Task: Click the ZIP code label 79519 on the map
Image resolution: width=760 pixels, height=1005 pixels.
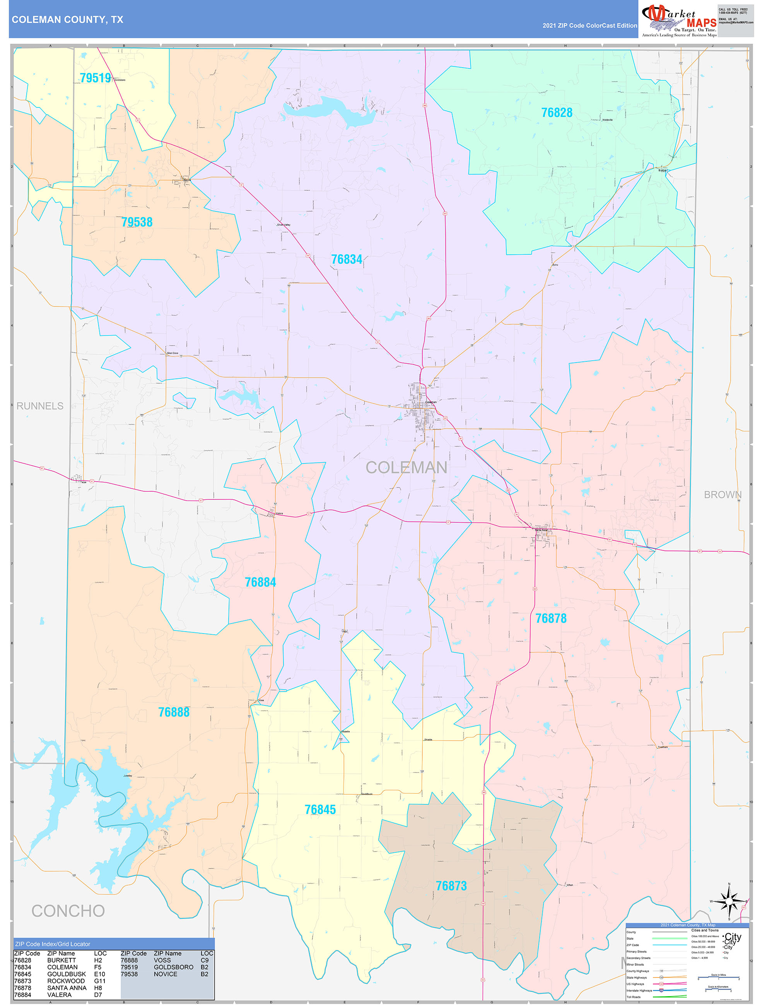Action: (96, 78)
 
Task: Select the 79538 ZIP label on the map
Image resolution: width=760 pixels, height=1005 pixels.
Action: (137, 222)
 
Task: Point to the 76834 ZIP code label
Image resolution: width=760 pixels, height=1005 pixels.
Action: (347, 259)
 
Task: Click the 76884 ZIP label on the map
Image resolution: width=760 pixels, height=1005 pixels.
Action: (260, 582)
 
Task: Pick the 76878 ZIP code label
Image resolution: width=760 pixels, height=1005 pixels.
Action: (550, 618)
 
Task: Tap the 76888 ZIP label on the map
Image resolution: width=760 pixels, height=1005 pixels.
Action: (174, 712)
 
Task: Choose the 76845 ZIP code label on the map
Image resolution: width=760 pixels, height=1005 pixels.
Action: (320, 809)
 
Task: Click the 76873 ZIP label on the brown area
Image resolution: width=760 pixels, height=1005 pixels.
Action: (451, 886)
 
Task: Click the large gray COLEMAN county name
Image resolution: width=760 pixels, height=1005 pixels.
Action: (406, 467)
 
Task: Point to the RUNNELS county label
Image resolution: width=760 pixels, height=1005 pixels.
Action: (40, 406)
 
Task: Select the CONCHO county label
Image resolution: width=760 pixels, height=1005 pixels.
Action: (68, 911)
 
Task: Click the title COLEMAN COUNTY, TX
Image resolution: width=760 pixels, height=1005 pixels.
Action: (67, 20)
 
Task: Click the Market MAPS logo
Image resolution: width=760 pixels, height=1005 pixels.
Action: (679, 20)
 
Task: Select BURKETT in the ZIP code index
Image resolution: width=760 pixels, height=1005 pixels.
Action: (61, 960)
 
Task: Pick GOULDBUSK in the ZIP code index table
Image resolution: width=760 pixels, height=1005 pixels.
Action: (67, 974)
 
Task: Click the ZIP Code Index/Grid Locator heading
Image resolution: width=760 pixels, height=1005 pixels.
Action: (53, 944)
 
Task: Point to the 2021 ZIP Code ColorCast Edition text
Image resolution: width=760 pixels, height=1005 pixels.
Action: (589, 26)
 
